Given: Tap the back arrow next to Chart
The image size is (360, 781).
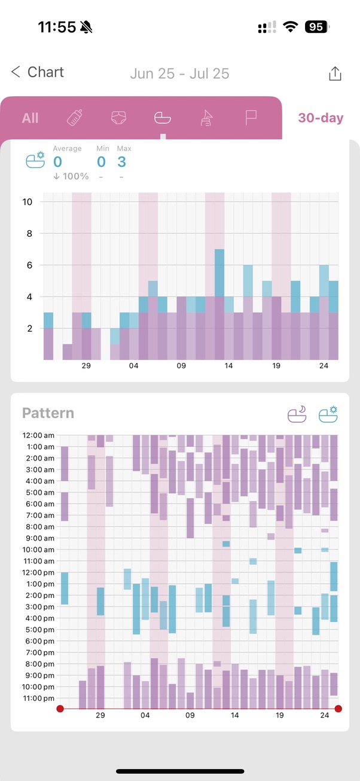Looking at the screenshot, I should pyautogui.click(x=16, y=72).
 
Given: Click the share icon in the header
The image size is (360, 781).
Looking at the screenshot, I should pyautogui.click(x=335, y=74).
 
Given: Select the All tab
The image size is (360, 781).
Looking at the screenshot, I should pyautogui.click(x=30, y=118).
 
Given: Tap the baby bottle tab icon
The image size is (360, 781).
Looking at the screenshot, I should pyautogui.click(x=75, y=118).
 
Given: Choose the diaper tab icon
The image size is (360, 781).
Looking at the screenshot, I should pyautogui.click(x=119, y=118).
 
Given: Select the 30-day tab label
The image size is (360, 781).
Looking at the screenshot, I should pyautogui.click(x=321, y=118).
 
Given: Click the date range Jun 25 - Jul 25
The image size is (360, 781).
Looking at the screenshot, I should pyautogui.click(x=179, y=74).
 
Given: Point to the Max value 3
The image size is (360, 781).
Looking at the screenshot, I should pyautogui.click(x=121, y=161).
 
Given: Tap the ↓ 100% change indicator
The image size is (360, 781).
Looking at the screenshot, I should pyautogui.click(x=71, y=176).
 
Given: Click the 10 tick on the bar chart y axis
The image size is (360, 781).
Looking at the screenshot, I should pyautogui.click(x=28, y=202).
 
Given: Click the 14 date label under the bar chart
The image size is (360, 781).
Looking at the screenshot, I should pyautogui.click(x=228, y=366).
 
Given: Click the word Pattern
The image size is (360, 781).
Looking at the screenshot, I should pyautogui.click(x=48, y=413).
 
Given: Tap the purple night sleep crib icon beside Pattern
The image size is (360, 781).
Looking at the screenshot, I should pyautogui.click(x=298, y=414).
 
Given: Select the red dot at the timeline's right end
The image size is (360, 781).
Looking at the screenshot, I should pyautogui.click(x=338, y=709).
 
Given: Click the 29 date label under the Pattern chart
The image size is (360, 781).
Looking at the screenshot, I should pyautogui.click(x=100, y=715).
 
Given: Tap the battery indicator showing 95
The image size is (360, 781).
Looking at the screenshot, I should pyautogui.click(x=316, y=27).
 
